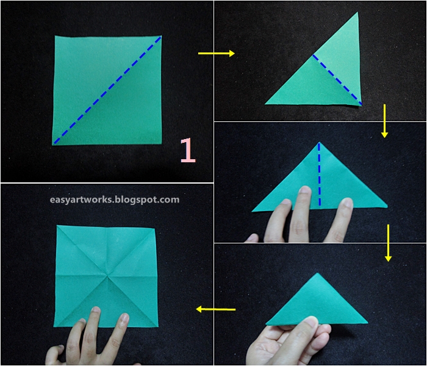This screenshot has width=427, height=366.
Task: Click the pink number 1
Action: coord(188,150)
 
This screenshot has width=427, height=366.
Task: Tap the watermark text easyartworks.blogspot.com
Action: coord(115,199)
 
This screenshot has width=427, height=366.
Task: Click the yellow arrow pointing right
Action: coord(217,54)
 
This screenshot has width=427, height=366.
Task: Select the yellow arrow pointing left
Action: coord(216,309)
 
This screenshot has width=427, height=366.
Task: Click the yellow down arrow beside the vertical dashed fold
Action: coord(388,243)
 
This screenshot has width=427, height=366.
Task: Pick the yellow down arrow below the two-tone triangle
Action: coord(384,121)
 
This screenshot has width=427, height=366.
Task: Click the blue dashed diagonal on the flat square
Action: coord(107,90)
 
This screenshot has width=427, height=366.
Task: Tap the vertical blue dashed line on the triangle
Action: coord(320,174)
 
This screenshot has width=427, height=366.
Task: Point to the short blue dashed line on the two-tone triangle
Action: coord(337,79)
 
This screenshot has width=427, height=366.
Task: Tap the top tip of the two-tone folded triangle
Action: coord(357,12)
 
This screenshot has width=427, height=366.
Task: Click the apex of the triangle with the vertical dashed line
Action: coord(319,142)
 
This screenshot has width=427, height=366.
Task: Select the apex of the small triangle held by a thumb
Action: coord(317,273)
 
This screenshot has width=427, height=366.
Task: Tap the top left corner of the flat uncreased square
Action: coord(55,36)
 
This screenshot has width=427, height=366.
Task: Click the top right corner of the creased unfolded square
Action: coord(155,228)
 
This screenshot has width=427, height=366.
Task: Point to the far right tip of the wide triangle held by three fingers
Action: coord(387,207)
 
